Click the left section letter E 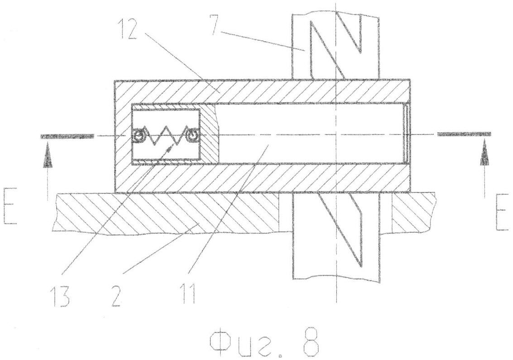10,206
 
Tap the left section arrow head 48,158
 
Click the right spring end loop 192,134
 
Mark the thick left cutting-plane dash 67,136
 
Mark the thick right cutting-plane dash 464,134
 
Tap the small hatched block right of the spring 209,134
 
